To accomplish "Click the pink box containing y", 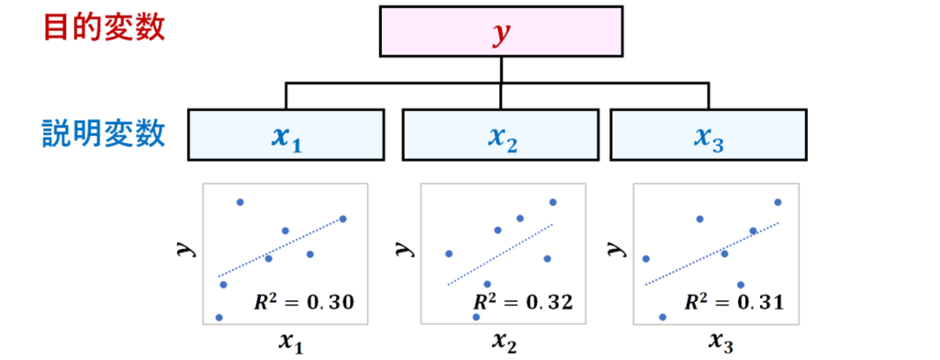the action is tap(501, 32).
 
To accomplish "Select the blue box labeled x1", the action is tap(286, 135).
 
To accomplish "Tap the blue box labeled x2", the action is tap(501, 135).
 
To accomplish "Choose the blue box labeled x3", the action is tap(709, 135).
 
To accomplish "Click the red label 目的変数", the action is tap(104, 28).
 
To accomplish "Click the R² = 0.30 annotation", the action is tap(303, 302).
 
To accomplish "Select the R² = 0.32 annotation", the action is tap(523, 302).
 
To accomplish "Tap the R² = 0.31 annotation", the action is tap(734, 302).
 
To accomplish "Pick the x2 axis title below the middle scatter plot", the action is tap(504, 343).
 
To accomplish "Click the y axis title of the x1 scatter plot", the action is tap(183, 248).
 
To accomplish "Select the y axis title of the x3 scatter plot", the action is tap(613, 248).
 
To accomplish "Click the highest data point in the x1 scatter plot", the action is tap(240, 202).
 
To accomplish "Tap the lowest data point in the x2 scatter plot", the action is tap(476, 317).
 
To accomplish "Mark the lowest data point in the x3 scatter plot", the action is tap(663, 317).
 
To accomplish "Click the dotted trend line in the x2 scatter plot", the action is tap(500, 254).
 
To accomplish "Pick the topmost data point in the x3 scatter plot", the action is tap(778, 202).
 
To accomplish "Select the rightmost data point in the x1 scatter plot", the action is tap(343, 219).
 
